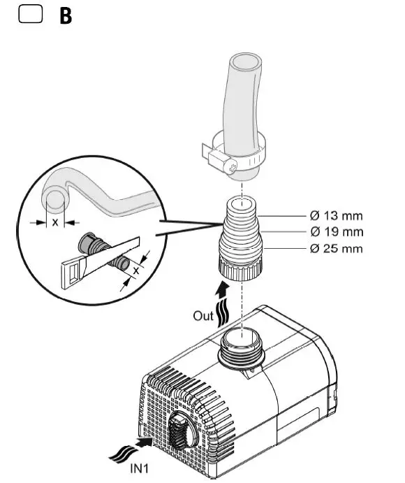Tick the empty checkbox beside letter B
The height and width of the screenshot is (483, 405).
[30, 15]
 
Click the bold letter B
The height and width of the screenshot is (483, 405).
[66, 17]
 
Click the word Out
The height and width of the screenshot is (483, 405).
[203, 316]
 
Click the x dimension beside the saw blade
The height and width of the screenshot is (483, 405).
[136, 268]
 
